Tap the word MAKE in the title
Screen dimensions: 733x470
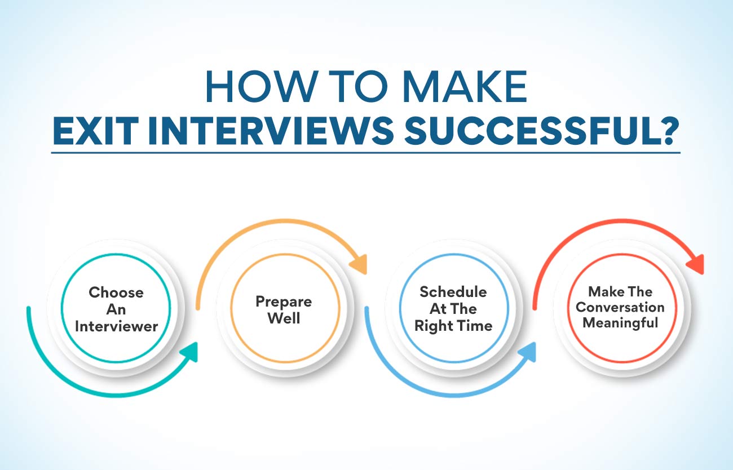pos(465,87)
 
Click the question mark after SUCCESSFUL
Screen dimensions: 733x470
pos(668,131)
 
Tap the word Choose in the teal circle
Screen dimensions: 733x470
pos(116,292)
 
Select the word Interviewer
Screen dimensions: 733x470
pos(116,326)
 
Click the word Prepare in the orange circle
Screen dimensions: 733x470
pos(284,302)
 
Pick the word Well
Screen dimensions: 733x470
pos(284,318)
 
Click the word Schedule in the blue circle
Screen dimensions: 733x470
pos(453,292)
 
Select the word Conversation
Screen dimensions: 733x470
pos(620,308)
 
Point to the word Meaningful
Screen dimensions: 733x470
pos(620,323)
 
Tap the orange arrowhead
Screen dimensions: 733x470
pos(359,264)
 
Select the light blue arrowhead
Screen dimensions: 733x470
pos(527,352)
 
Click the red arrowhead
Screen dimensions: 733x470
pos(695,264)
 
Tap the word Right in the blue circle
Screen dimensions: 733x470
pos(434,326)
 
